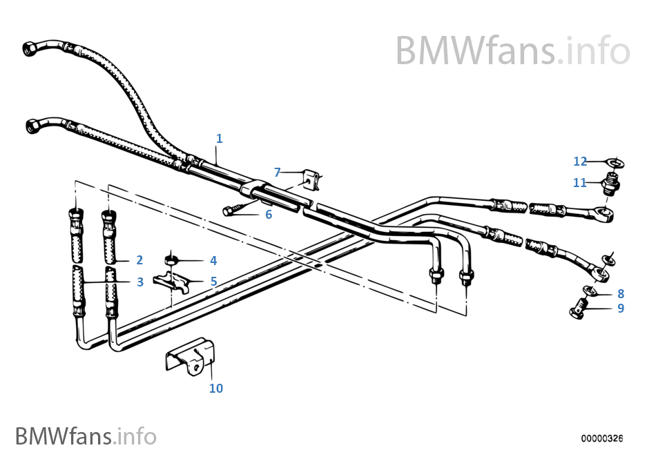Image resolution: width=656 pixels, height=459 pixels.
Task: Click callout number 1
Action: point(219,139)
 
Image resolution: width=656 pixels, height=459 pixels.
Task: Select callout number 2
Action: point(139,260)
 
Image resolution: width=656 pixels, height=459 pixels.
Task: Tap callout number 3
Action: point(139,282)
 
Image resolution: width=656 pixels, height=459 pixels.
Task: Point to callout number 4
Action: point(213,260)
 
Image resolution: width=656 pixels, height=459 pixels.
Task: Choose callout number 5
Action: point(213,281)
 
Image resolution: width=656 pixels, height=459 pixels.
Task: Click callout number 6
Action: point(269,215)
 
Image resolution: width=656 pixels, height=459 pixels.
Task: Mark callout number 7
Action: point(277,172)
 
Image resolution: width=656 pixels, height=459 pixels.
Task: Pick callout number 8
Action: point(621,293)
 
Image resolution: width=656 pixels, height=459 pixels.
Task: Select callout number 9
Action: point(621,308)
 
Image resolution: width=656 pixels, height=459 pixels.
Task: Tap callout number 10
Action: point(216,388)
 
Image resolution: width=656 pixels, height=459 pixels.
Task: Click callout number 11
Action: point(579,183)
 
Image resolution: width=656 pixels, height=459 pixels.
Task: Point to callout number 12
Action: point(579,162)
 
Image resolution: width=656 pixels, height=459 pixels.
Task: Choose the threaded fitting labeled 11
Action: point(610,184)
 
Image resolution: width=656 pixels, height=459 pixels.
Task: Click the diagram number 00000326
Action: point(601,438)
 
